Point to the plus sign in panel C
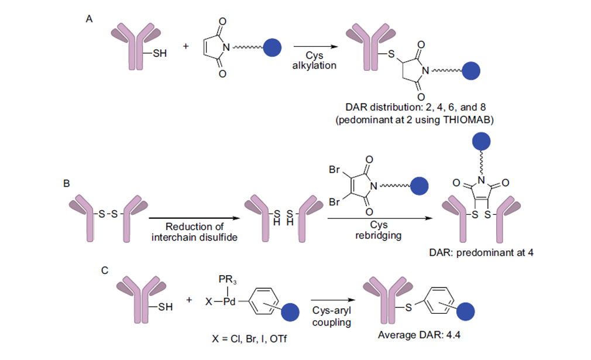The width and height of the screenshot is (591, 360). pyautogui.click(x=189, y=300)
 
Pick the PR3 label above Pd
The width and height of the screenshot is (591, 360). pyautogui.click(x=228, y=280)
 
